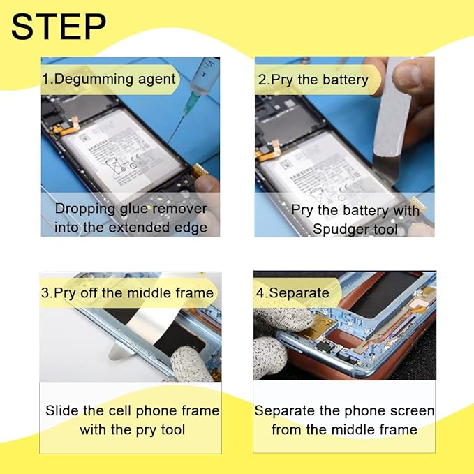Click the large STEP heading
pyautogui.click(x=59, y=27)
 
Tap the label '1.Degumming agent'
pyautogui.click(x=109, y=80)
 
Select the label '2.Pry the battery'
pyautogui.click(x=313, y=80)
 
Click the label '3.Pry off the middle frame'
pyautogui.click(x=127, y=293)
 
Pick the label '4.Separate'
pyautogui.click(x=292, y=293)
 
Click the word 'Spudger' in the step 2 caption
pyautogui.click(x=341, y=229)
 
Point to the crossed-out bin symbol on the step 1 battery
pyautogui.click(x=116, y=167)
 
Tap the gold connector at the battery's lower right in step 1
pyautogui.click(x=200, y=172)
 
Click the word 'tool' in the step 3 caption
pyautogui.click(x=173, y=429)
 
